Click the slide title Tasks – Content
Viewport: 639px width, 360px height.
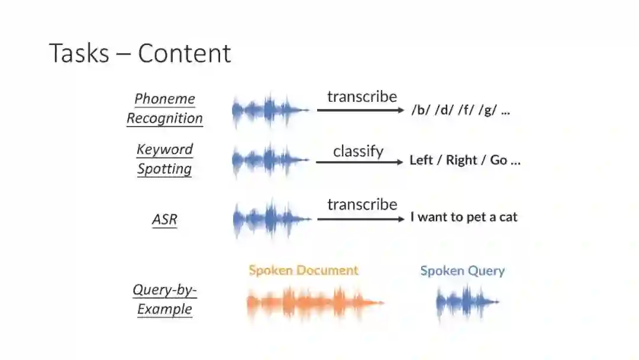point(140,53)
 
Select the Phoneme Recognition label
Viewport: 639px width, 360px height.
point(164,108)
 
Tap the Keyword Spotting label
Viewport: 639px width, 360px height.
point(164,159)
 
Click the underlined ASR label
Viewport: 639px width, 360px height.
point(164,220)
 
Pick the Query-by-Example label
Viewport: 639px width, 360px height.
point(164,299)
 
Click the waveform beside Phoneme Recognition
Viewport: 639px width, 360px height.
point(269,110)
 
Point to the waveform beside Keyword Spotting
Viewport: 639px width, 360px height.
point(269,160)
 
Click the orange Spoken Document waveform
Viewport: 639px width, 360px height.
point(314,303)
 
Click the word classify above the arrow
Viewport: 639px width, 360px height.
point(358,151)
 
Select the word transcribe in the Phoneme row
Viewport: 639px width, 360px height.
point(362,97)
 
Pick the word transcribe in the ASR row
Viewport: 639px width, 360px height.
point(362,204)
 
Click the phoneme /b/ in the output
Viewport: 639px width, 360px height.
point(421,111)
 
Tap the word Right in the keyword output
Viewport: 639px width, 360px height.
point(461,160)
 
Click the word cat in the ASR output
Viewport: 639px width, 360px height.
point(508,217)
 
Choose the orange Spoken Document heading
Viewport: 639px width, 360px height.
point(304,271)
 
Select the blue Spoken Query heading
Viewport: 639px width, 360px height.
point(462,271)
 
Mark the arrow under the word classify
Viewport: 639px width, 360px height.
point(359,162)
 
